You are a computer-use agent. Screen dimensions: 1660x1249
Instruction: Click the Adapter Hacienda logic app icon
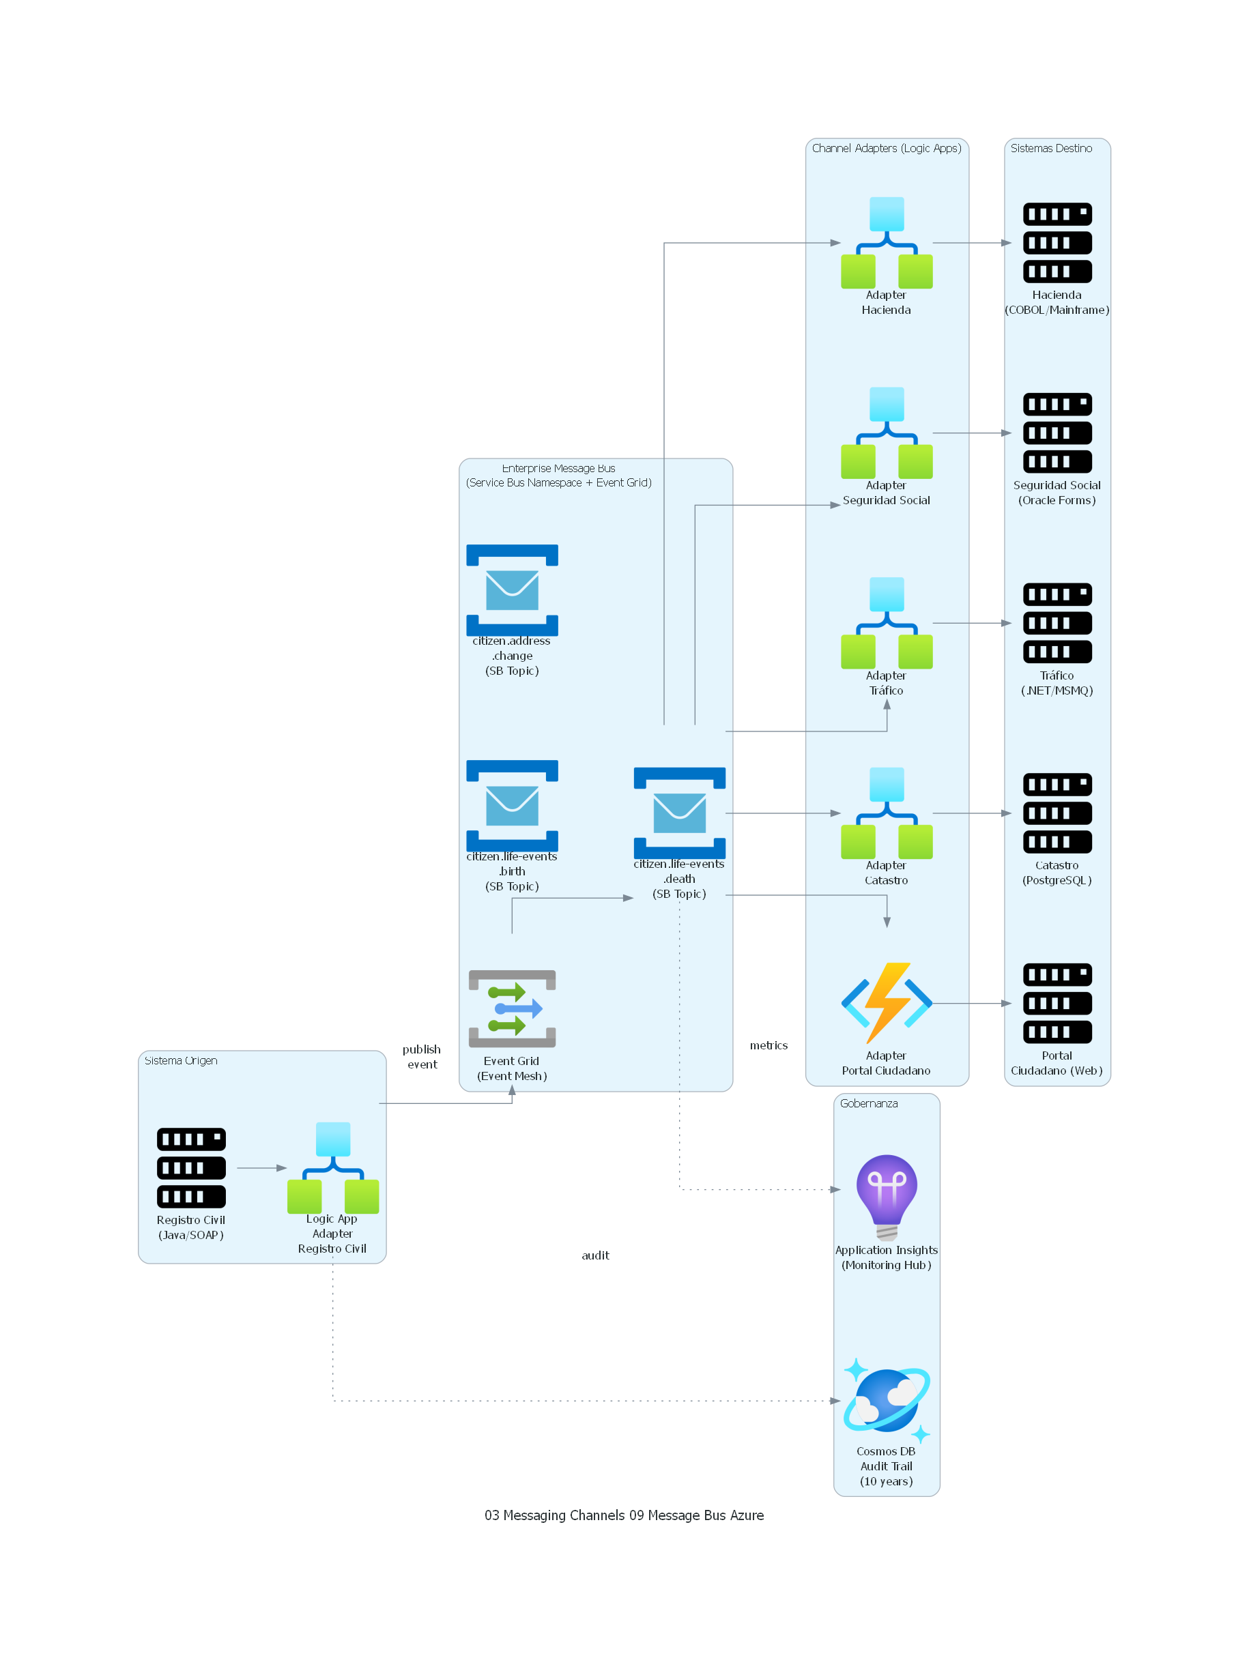coord(887,242)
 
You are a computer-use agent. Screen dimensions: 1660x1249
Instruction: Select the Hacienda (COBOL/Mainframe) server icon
coord(1057,242)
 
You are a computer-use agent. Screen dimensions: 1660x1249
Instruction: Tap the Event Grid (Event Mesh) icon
coord(512,1008)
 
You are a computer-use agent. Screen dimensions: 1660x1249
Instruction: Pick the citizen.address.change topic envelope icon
coord(512,590)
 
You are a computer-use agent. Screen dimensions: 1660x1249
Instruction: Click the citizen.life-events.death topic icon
coord(679,813)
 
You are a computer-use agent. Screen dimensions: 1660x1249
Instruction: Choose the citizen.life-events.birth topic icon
coord(512,805)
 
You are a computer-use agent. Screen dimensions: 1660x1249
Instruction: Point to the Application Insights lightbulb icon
coord(887,1196)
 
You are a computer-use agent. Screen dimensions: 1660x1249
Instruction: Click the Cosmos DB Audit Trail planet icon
coord(887,1399)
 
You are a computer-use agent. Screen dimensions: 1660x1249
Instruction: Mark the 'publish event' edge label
coord(422,1057)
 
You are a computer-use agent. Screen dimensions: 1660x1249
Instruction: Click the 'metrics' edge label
coord(769,1045)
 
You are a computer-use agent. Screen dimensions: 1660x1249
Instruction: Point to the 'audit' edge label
coord(595,1255)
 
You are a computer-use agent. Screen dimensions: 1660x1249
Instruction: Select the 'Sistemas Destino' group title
coord(1051,149)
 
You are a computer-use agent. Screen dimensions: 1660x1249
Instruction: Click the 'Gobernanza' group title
coord(868,1103)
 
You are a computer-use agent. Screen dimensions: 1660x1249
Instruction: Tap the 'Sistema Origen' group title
coord(181,1060)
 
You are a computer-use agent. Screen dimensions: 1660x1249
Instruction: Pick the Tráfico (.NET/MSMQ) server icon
coord(1057,623)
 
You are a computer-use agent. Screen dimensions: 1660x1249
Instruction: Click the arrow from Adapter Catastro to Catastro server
coord(971,813)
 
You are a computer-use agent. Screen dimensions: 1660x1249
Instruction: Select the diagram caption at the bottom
coord(624,1515)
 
